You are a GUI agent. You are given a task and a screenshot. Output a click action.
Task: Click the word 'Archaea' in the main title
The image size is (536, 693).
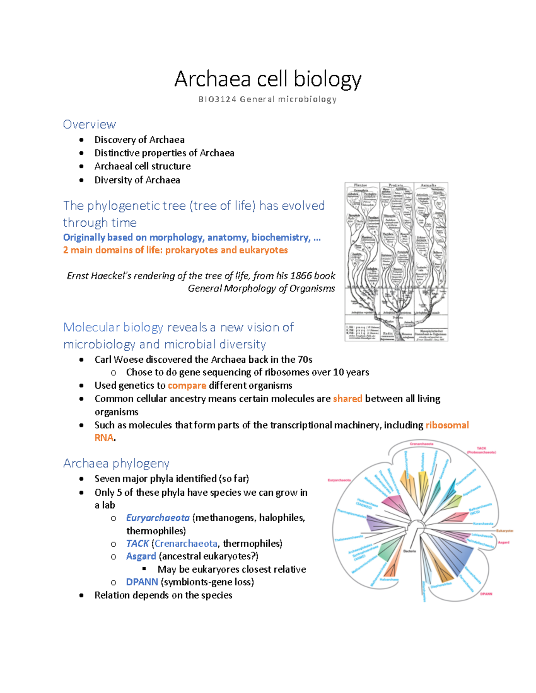point(213,79)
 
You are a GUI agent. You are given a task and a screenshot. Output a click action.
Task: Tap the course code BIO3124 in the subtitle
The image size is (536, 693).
point(217,100)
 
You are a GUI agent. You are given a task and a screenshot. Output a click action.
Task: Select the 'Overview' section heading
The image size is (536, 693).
point(89,124)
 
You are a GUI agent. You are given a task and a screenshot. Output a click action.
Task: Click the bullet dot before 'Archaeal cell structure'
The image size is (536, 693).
point(81,166)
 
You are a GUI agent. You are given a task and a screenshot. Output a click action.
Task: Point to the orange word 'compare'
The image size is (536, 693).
point(187,386)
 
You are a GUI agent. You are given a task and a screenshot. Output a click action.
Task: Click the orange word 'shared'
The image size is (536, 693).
point(347,398)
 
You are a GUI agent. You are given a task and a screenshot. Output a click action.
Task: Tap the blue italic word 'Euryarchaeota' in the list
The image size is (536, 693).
point(158,518)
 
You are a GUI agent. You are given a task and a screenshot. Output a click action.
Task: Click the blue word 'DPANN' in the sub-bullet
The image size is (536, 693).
point(142,582)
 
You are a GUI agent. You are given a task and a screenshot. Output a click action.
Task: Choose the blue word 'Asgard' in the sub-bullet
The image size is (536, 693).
point(141,556)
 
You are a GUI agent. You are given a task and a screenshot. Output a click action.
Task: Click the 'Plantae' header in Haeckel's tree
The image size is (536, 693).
point(360,185)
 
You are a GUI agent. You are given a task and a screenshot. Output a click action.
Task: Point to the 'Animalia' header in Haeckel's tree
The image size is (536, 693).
point(428,185)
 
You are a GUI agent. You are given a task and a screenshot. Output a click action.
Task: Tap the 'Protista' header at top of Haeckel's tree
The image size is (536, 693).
point(396,185)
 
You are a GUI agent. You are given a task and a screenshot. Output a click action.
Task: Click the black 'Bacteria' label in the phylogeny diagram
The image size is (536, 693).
point(410,551)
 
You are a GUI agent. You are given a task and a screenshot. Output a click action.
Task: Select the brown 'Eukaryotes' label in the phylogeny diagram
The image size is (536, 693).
point(505,531)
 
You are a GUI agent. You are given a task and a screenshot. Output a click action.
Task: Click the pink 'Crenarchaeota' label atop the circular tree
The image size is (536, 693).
point(421,444)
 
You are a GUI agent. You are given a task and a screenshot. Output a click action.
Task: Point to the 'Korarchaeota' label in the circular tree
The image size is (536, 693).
point(483,523)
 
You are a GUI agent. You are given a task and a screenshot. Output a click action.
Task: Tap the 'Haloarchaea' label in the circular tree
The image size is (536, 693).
point(389,580)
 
